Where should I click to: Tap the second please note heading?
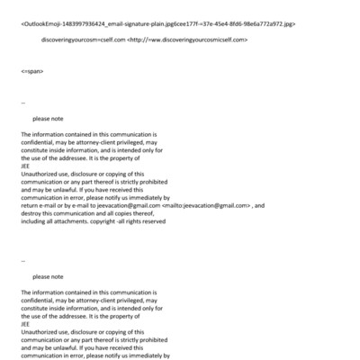pyautogui.click(x=47, y=277)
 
